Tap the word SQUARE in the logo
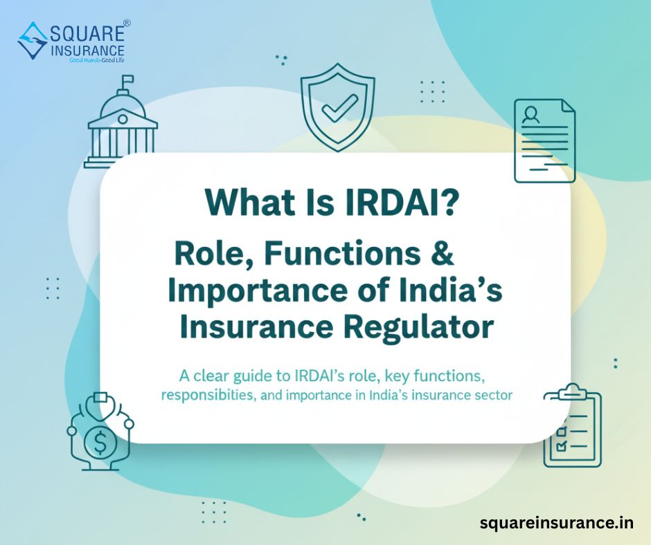(84, 33)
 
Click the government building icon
(121, 128)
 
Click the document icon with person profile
(544, 140)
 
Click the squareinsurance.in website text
(556, 523)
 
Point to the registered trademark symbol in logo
(127, 24)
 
